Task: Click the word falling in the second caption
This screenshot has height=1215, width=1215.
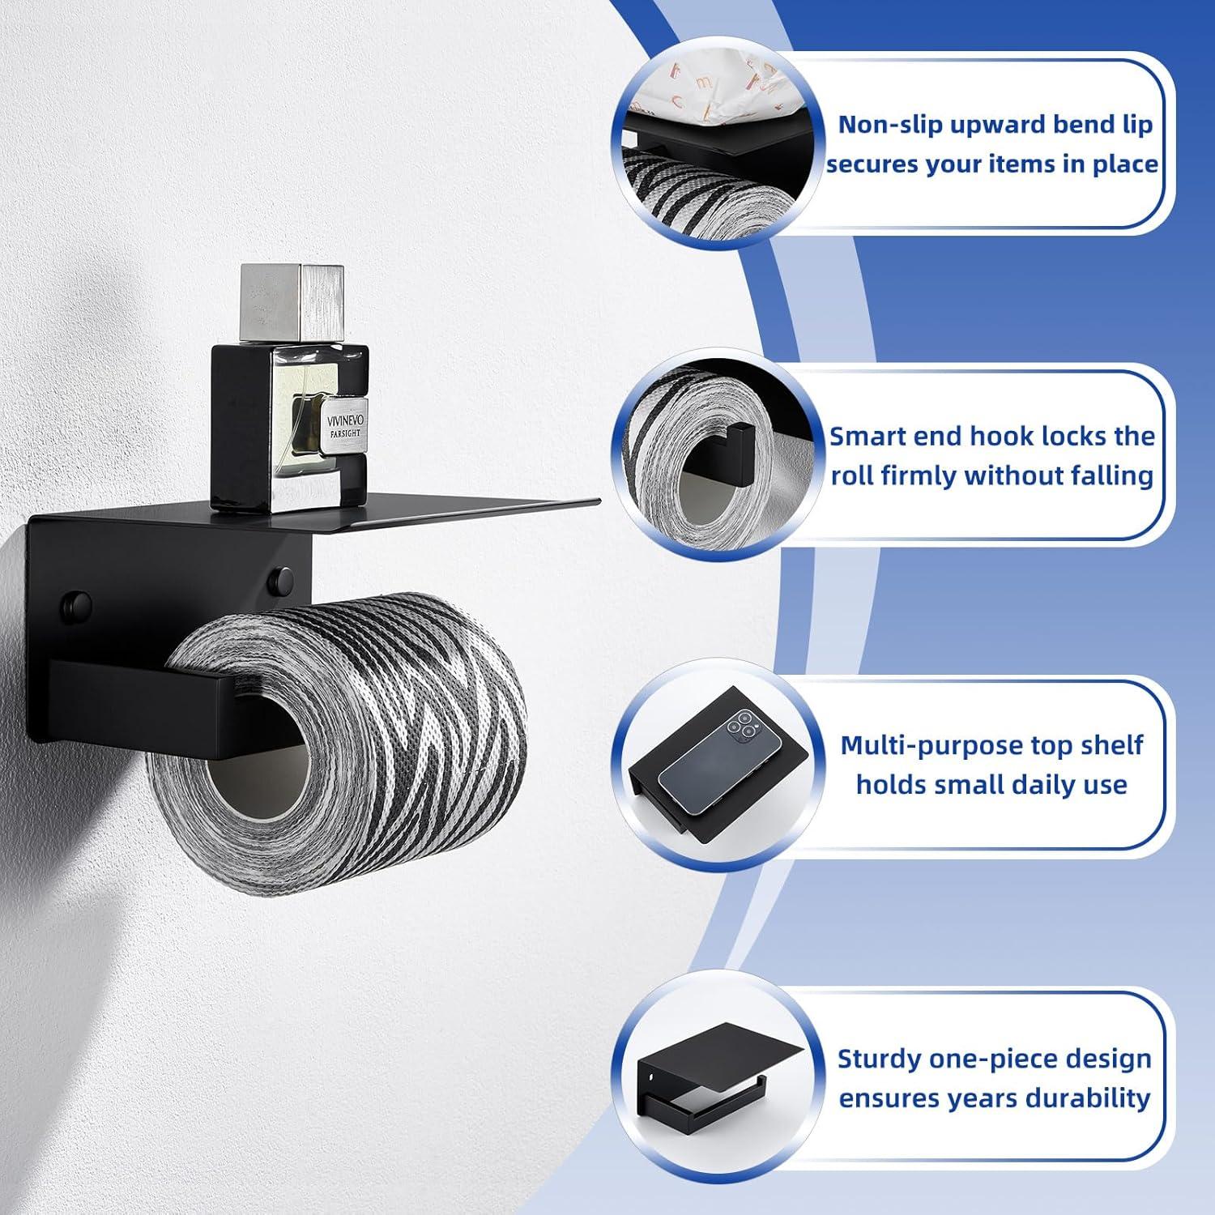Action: click(x=1106, y=476)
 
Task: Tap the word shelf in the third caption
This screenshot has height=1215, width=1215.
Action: click(x=1110, y=745)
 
